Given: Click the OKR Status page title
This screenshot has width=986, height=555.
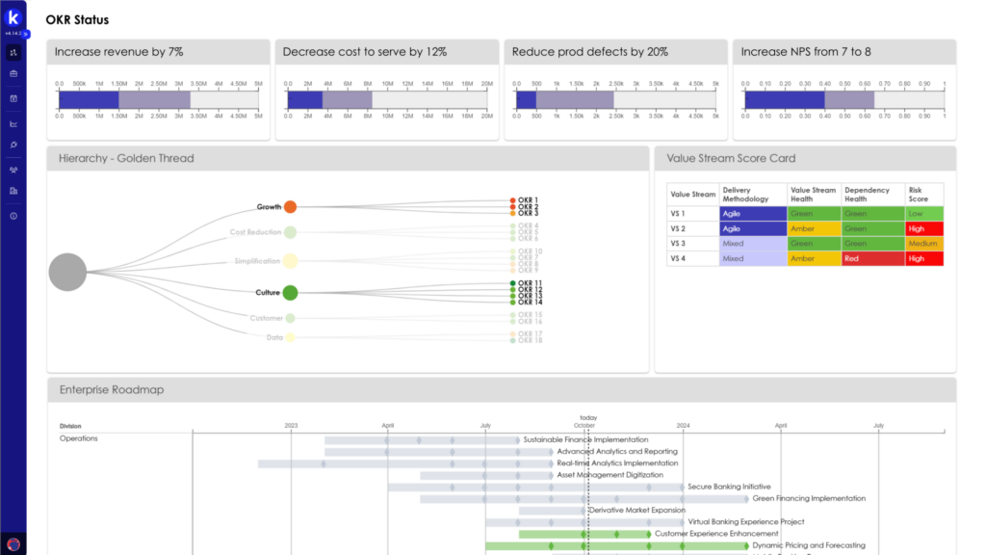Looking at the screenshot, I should tap(77, 20).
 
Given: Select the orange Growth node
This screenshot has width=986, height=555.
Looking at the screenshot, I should tap(290, 207).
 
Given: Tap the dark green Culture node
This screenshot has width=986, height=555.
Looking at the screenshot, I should tap(290, 293).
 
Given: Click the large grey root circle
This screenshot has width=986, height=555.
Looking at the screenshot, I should tap(67, 272).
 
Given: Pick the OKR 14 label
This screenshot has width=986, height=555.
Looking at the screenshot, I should tap(530, 303).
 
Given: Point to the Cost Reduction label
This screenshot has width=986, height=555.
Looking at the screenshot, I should tap(255, 232).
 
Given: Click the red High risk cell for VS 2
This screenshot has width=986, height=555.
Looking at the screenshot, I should tap(924, 228).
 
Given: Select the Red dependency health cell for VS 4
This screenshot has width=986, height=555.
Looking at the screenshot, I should tap(872, 258).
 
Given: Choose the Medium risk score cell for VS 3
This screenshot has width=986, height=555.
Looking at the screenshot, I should tap(924, 244).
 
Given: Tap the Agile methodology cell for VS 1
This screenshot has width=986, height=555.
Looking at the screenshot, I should tap(752, 213).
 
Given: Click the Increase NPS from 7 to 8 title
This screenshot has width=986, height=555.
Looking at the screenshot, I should tap(806, 52).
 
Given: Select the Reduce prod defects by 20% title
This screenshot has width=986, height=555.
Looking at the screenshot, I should tap(589, 52).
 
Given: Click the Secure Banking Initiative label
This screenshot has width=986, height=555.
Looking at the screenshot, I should tap(729, 487).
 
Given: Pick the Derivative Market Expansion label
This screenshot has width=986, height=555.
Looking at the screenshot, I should tap(636, 510).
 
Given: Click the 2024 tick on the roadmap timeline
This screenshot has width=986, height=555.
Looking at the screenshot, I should tap(683, 425).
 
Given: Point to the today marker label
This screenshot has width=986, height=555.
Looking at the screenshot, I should tap(588, 418).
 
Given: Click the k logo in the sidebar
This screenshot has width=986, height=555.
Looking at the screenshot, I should tap(13, 18).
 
